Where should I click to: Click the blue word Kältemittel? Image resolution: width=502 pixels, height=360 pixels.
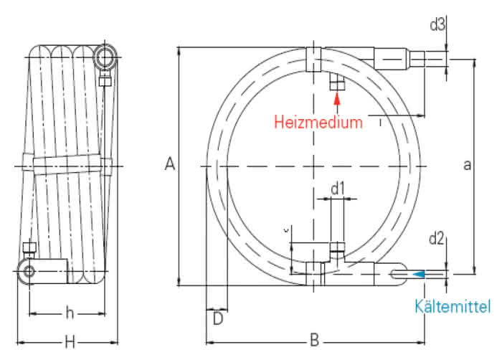tap(453, 307)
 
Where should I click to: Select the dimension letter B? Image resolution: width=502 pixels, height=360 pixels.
tap(313, 339)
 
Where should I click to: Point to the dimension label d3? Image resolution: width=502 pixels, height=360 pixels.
tap(437, 25)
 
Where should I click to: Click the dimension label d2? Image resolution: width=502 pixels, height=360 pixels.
tap(437, 237)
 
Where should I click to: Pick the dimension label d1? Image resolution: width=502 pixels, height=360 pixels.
tap(338, 189)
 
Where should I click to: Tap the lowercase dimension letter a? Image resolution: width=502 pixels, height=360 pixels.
tap(467, 166)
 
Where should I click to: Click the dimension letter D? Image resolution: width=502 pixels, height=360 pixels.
tap(217, 317)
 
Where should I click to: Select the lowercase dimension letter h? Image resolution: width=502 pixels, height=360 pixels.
tap(70, 312)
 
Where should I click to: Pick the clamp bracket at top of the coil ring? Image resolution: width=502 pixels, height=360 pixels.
tap(313, 59)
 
